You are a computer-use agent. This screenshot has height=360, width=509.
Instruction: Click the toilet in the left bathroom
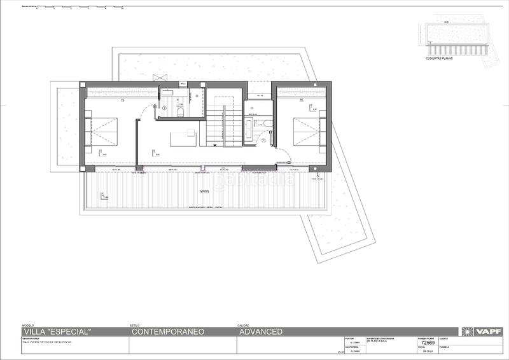point(181,113)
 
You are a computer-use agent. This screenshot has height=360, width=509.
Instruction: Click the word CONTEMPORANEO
point(167,331)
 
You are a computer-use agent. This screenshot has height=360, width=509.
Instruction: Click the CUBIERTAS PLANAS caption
point(442,58)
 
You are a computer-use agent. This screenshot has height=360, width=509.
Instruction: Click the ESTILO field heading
point(134,324)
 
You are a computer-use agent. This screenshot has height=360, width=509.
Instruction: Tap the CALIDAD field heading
point(243,324)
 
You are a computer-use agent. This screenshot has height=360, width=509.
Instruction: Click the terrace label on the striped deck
point(204,191)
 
